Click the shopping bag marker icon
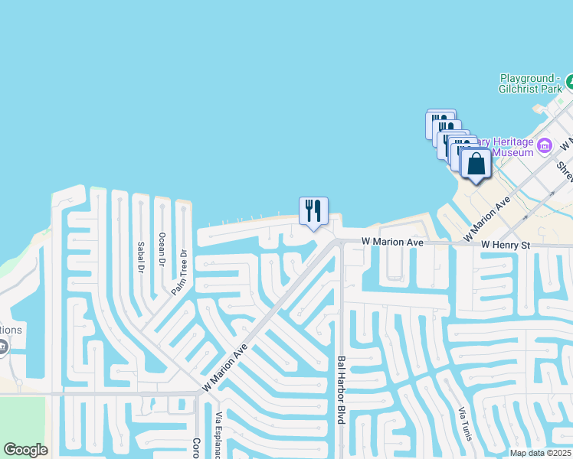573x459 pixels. pos(476,164)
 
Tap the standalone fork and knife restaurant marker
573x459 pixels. pos(313,210)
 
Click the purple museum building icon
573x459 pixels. pos(545,145)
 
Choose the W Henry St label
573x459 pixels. pos(506,245)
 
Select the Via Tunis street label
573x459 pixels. pos(463,427)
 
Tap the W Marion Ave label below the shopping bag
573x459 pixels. pos(487,216)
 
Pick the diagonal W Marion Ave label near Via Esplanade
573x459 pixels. pos(225,368)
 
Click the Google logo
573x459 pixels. pos(25,450)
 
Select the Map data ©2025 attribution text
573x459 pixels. pos(539,453)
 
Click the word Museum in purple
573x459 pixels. pos(512,152)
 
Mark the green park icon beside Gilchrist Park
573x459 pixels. pos(570,80)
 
